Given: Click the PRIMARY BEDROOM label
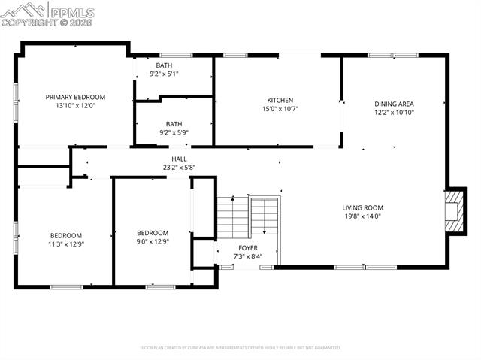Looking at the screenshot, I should coord(75,97).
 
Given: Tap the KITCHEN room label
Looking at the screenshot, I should coord(280,100).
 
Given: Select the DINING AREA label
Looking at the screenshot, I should coord(395,104).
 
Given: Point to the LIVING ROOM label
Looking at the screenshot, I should coord(362,208).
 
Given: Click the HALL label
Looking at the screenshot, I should coord(179,159).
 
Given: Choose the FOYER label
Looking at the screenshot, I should coord(248,247).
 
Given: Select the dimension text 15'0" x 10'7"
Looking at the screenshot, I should coord(280,109).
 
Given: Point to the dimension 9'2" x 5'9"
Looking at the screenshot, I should coord(174,132).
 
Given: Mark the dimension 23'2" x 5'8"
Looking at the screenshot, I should coord(179,167).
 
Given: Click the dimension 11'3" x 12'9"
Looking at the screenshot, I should coord(66,244).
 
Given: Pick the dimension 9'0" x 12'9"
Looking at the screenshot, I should coord(153,241).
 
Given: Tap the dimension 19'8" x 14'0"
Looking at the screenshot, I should coord(362,216).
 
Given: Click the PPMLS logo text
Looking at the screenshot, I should coord(73,11).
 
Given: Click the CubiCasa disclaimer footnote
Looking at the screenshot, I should coord(240,348).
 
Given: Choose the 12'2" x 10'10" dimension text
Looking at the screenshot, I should coord(395,113).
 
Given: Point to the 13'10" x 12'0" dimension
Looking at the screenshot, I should coord(75,106).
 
